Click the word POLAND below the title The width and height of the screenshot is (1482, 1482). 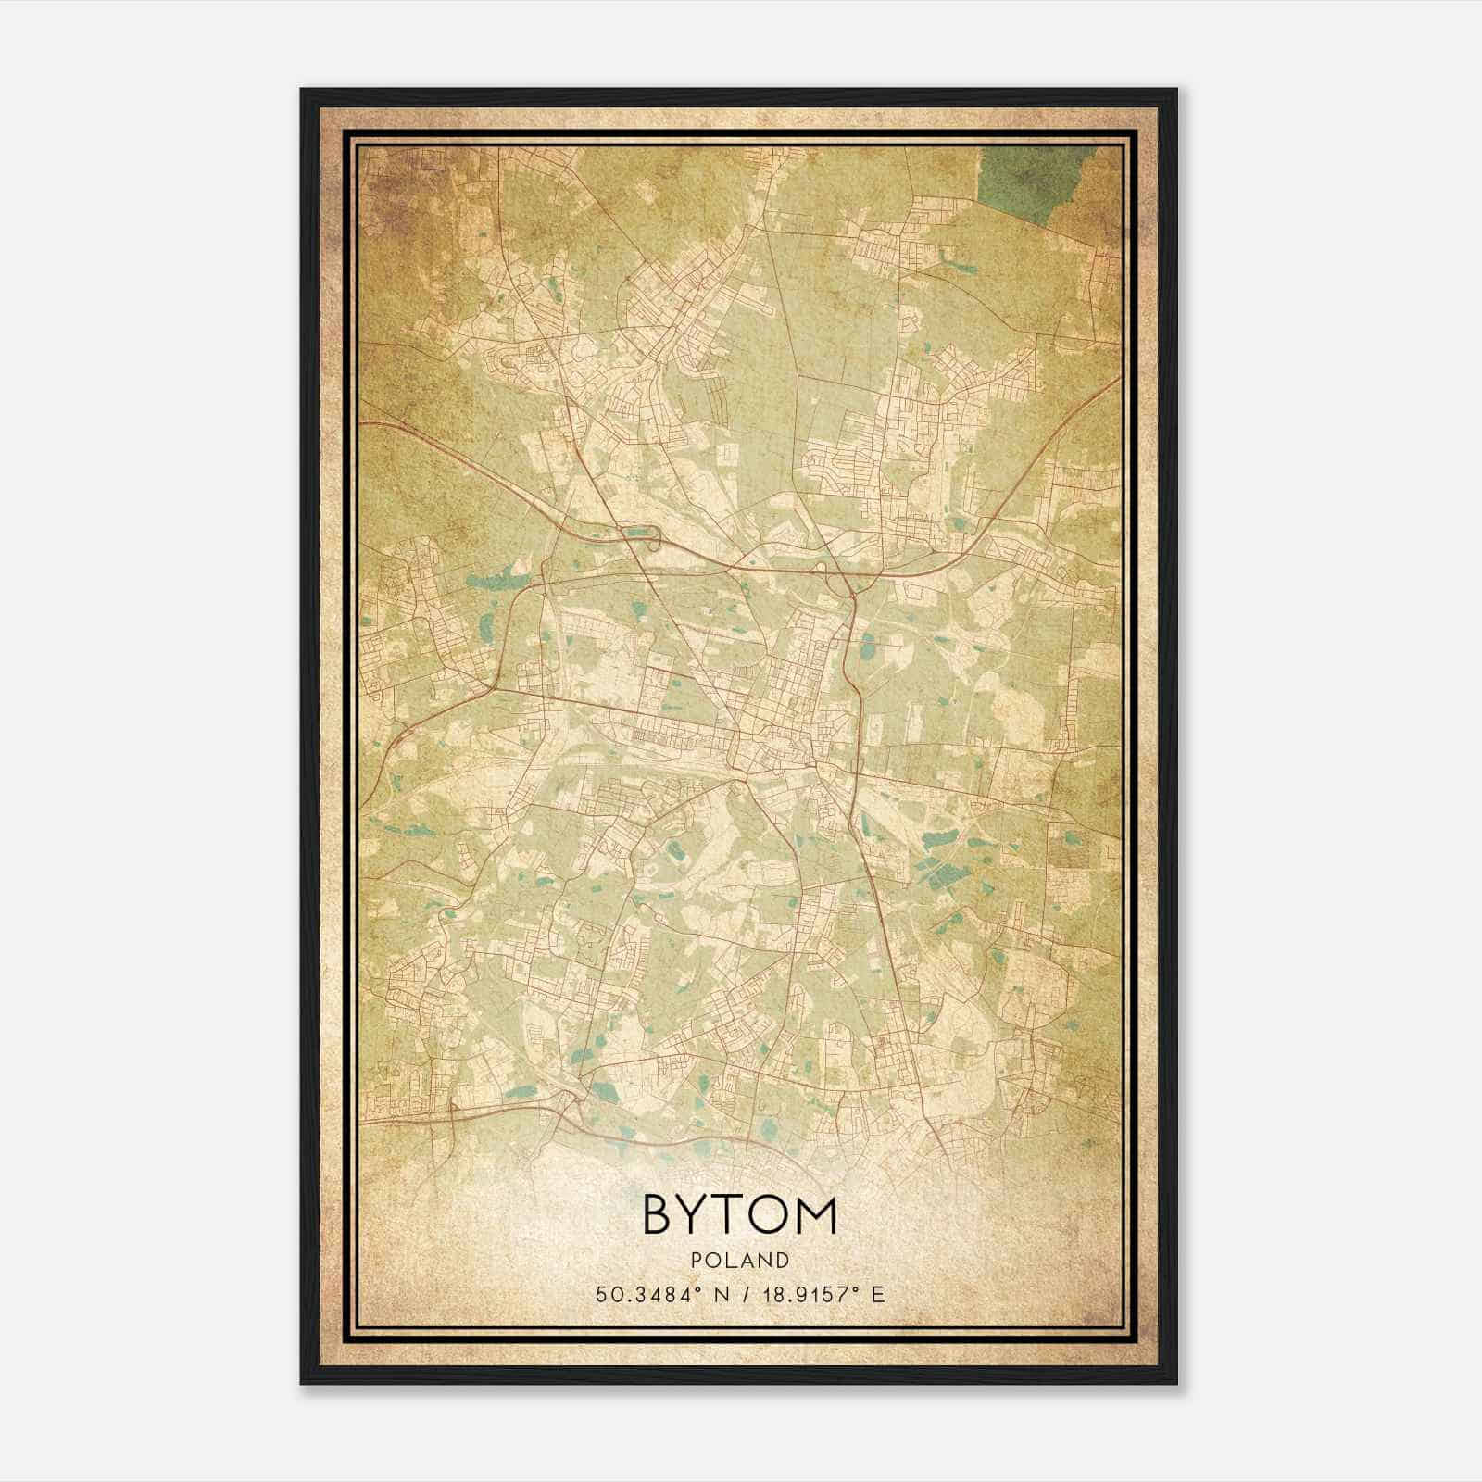point(740,1261)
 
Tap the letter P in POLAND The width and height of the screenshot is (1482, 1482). point(697,1261)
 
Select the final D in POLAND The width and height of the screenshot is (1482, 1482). point(784,1261)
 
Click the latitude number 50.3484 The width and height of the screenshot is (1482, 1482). point(641,1294)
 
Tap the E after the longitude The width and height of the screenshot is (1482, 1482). point(878,1294)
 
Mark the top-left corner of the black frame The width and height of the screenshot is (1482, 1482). point(302,91)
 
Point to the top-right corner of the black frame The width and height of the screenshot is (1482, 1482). point(1176,91)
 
